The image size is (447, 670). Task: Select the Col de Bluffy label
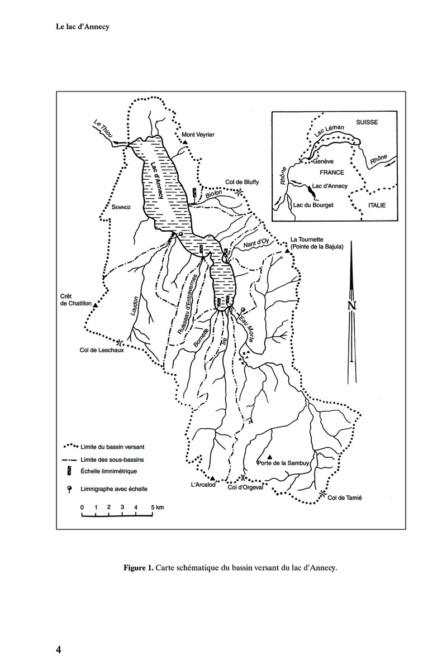(241, 182)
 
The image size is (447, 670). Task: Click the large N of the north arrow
(351, 305)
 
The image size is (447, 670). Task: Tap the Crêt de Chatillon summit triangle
(96, 305)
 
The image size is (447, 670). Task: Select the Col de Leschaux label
(99, 351)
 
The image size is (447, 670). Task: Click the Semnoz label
(123, 206)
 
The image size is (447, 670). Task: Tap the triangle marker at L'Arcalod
(212, 478)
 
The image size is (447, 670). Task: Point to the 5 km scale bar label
(156, 507)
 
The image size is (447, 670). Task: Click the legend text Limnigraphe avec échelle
(114, 489)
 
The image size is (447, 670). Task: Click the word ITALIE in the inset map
(378, 205)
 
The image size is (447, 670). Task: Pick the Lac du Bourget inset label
(313, 205)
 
